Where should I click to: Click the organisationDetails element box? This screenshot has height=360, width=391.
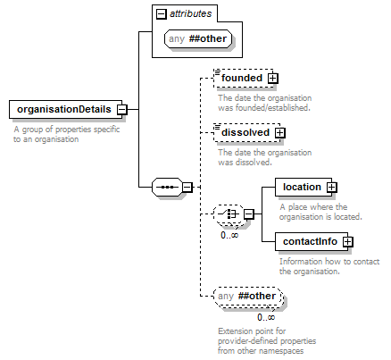coord(65,109)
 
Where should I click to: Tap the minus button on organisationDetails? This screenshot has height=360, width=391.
coord(121,109)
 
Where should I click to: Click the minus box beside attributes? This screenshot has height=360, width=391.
coord(161,13)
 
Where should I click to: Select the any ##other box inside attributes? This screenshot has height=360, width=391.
coord(198,38)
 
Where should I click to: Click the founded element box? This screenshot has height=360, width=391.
coord(244,78)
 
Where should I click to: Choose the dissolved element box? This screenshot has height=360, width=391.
coord(247,132)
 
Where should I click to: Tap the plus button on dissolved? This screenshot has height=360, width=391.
coord(279,133)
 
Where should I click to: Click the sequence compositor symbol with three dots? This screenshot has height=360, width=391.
coord(167,187)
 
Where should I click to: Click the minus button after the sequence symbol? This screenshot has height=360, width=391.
coord(187,188)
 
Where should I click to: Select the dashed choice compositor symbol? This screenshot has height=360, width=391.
coord(229,213)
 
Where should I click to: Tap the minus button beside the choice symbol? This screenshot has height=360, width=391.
coord(249,214)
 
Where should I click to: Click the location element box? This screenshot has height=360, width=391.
coord(304,187)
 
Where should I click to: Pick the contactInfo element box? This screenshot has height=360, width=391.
coord(312,241)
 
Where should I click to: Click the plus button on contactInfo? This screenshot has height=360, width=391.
coord(347,242)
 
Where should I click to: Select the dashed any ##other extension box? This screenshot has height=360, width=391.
coord(247,296)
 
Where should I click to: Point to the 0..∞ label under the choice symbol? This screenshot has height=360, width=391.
coord(229,235)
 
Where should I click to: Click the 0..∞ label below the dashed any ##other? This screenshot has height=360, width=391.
coord(266,317)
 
